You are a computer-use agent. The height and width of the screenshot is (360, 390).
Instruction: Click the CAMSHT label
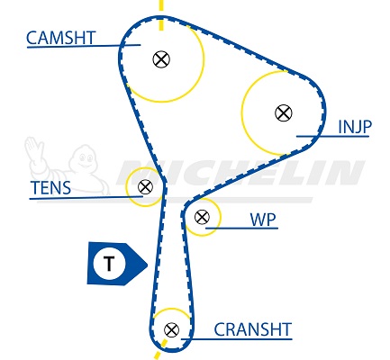point(61,38)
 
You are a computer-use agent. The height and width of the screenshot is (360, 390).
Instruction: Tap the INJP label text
point(355,127)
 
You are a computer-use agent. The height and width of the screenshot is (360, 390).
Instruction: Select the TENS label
point(50,188)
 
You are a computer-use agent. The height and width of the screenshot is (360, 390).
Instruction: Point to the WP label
point(263,220)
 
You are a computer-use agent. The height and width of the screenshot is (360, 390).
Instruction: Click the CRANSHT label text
point(253,329)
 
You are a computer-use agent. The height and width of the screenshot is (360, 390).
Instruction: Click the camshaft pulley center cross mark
point(161,59)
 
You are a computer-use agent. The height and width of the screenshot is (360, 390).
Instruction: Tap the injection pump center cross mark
point(284,113)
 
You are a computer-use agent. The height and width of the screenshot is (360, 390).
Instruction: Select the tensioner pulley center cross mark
point(145,187)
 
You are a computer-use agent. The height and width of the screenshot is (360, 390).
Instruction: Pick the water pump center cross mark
point(202,217)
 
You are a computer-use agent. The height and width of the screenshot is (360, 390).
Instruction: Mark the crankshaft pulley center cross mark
point(172,330)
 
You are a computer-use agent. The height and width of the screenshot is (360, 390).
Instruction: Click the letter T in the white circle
point(109,264)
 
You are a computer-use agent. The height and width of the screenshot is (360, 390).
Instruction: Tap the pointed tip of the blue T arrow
point(148,265)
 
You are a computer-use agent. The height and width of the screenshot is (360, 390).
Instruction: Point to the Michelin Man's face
point(84,159)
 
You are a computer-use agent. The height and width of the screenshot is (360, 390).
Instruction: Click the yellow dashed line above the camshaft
point(161,15)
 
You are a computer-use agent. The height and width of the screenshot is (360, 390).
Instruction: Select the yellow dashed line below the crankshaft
point(160,349)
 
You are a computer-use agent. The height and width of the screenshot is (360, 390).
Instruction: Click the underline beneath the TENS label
point(86,198)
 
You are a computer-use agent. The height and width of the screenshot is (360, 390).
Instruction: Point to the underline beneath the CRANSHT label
point(237,339)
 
